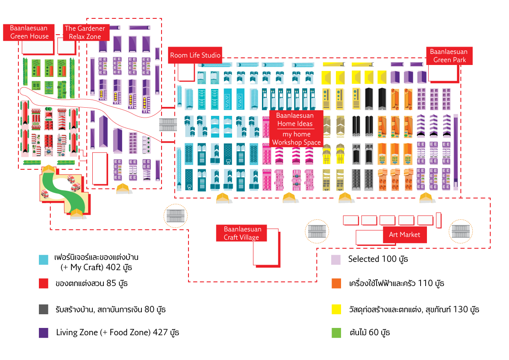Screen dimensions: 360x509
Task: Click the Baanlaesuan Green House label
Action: pyautogui.click(x=29, y=32)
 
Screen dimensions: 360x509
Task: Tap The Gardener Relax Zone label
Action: pyautogui.click(x=85, y=32)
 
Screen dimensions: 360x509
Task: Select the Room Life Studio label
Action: pyautogui.click(x=195, y=55)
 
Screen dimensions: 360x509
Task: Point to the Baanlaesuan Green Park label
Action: pyautogui.click(x=449, y=56)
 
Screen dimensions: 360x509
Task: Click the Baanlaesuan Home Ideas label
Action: pyautogui.click(x=294, y=120)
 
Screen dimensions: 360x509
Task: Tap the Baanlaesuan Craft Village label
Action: pyautogui.click(x=241, y=233)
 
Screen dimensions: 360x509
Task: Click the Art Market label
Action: pyautogui.click(x=404, y=235)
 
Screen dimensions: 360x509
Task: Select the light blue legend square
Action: pyautogui.click(x=44, y=260)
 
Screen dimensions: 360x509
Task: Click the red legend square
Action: pyautogui.click(x=44, y=283)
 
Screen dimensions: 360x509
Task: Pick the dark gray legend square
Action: pyautogui.click(x=44, y=309)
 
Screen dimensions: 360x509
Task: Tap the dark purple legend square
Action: pyautogui.click(x=44, y=333)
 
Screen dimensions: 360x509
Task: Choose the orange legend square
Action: pyautogui.click(x=336, y=283)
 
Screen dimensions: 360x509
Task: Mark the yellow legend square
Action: pyautogui.click(x=336, y=309)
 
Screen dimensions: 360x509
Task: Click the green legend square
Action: pyautogui.click(x=336, y=333)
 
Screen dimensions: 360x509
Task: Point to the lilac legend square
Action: pyautogui.click(x=336, y=260)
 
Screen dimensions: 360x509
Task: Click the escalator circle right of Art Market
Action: pyautogui.click(x=461, y=231)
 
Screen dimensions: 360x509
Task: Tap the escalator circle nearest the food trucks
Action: pyautogui.click(x=176, y=216)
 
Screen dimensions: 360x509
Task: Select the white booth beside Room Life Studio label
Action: pyautogui.click(x=186, y=72)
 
